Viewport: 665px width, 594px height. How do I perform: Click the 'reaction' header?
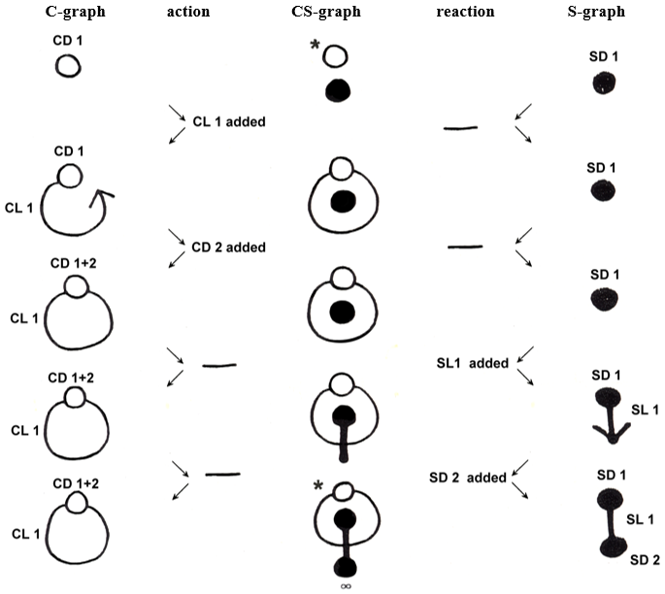[x=465, y=13]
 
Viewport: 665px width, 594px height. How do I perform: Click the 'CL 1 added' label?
[x=228, y=122]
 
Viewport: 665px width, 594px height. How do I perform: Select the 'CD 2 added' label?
[x=228, y=247]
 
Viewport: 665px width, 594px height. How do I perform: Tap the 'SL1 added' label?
[x=469, y=363]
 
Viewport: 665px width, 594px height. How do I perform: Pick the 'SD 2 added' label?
[x=468, y=478]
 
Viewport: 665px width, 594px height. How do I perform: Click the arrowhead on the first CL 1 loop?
[x=100, y=199]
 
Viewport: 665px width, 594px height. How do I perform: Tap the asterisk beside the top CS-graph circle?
[x=316, y=45]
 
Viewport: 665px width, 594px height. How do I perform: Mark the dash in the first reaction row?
[x=460, y=127]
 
